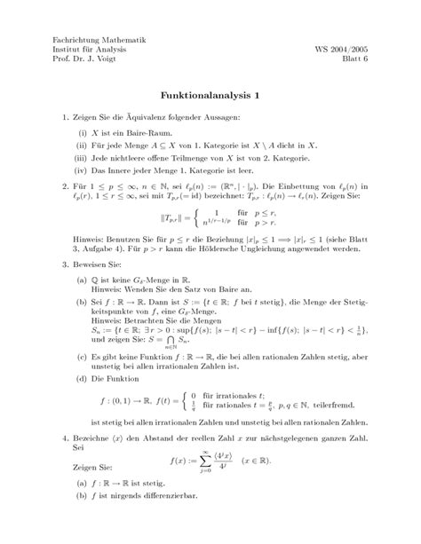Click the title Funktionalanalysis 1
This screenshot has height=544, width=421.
click(x=210, y=94)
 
